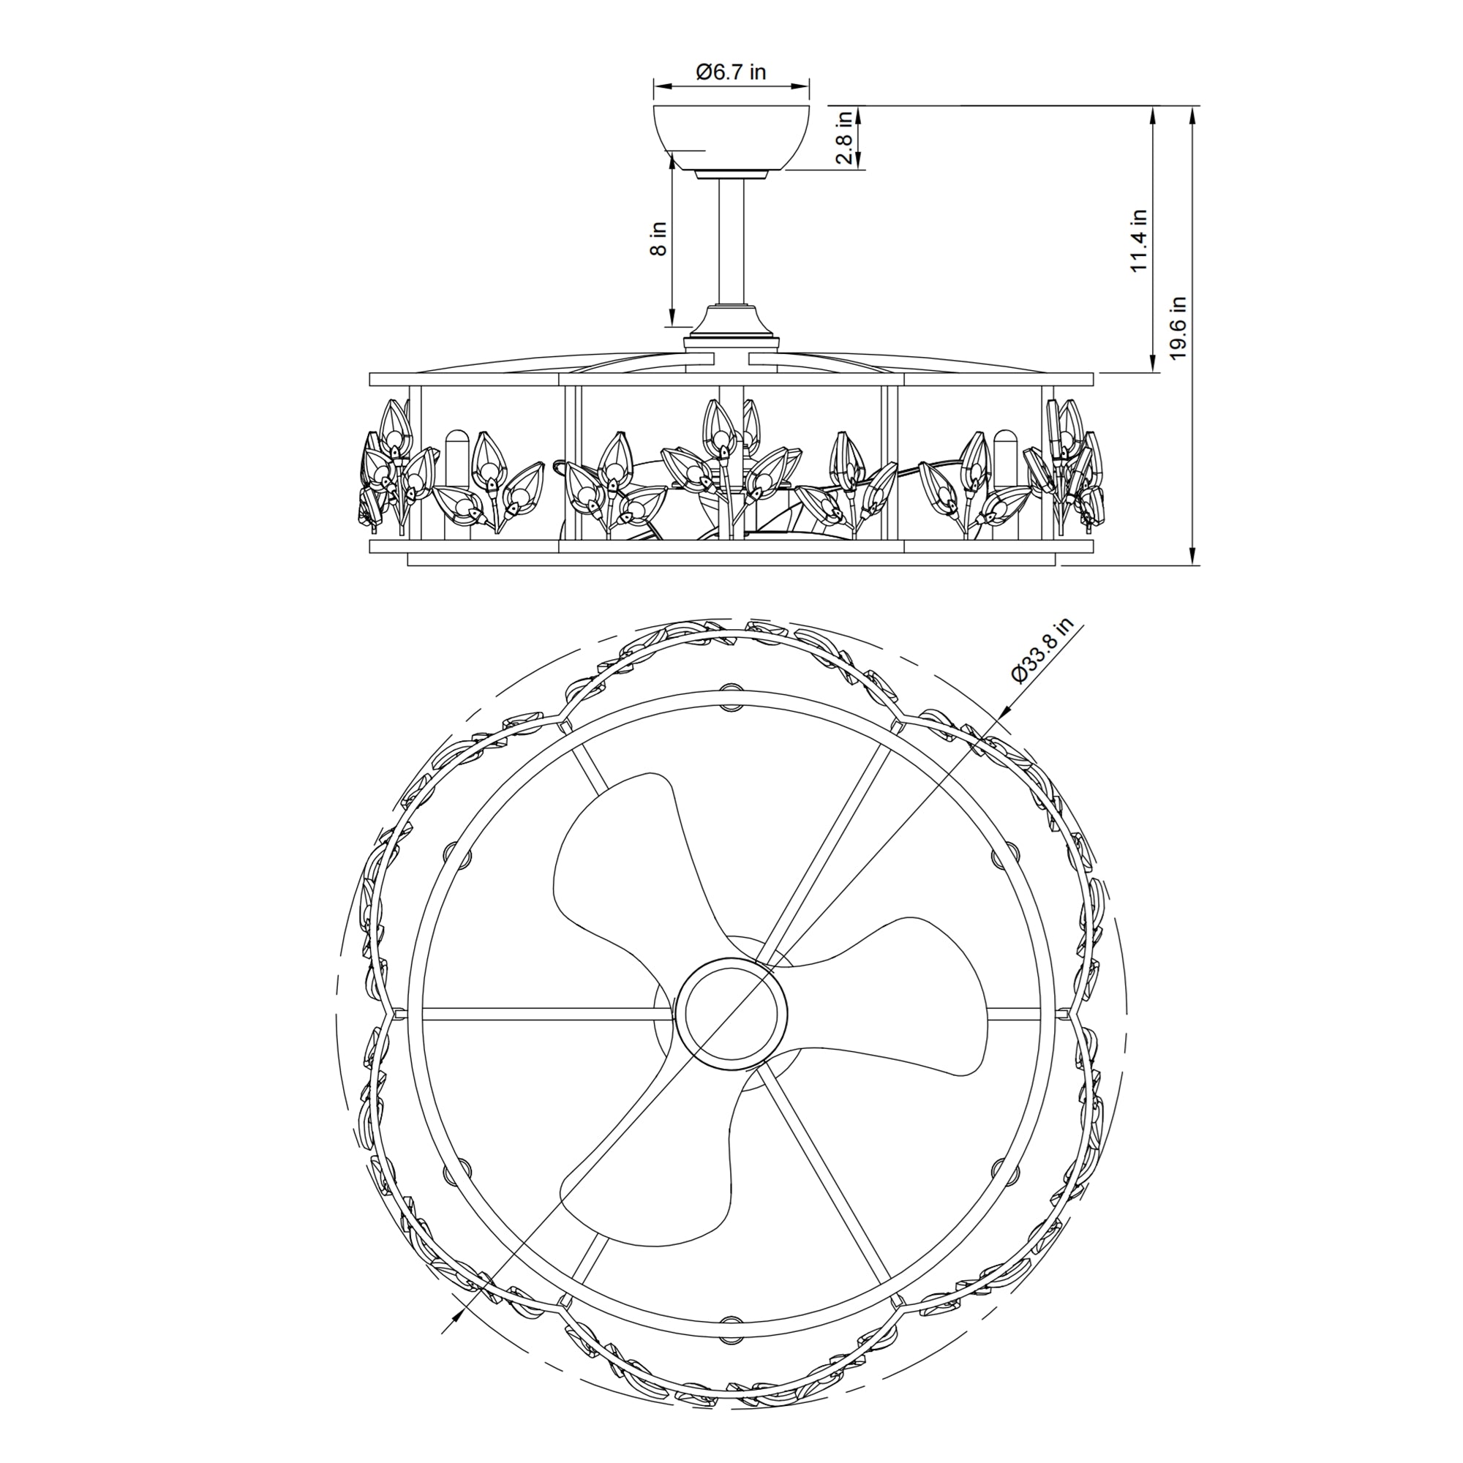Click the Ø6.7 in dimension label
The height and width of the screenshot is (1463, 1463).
pyautogui.click(x=731, y=72)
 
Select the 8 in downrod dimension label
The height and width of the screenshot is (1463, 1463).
pyautogui.click(x=660, y=238)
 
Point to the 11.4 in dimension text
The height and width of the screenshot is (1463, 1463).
pyautogui.click(x=1140, y=240)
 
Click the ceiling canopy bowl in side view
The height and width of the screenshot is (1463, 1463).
pyautogui.click(x=731, y=138)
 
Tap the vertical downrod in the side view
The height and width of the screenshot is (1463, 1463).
pyautogui.click(x=731, y=241)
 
